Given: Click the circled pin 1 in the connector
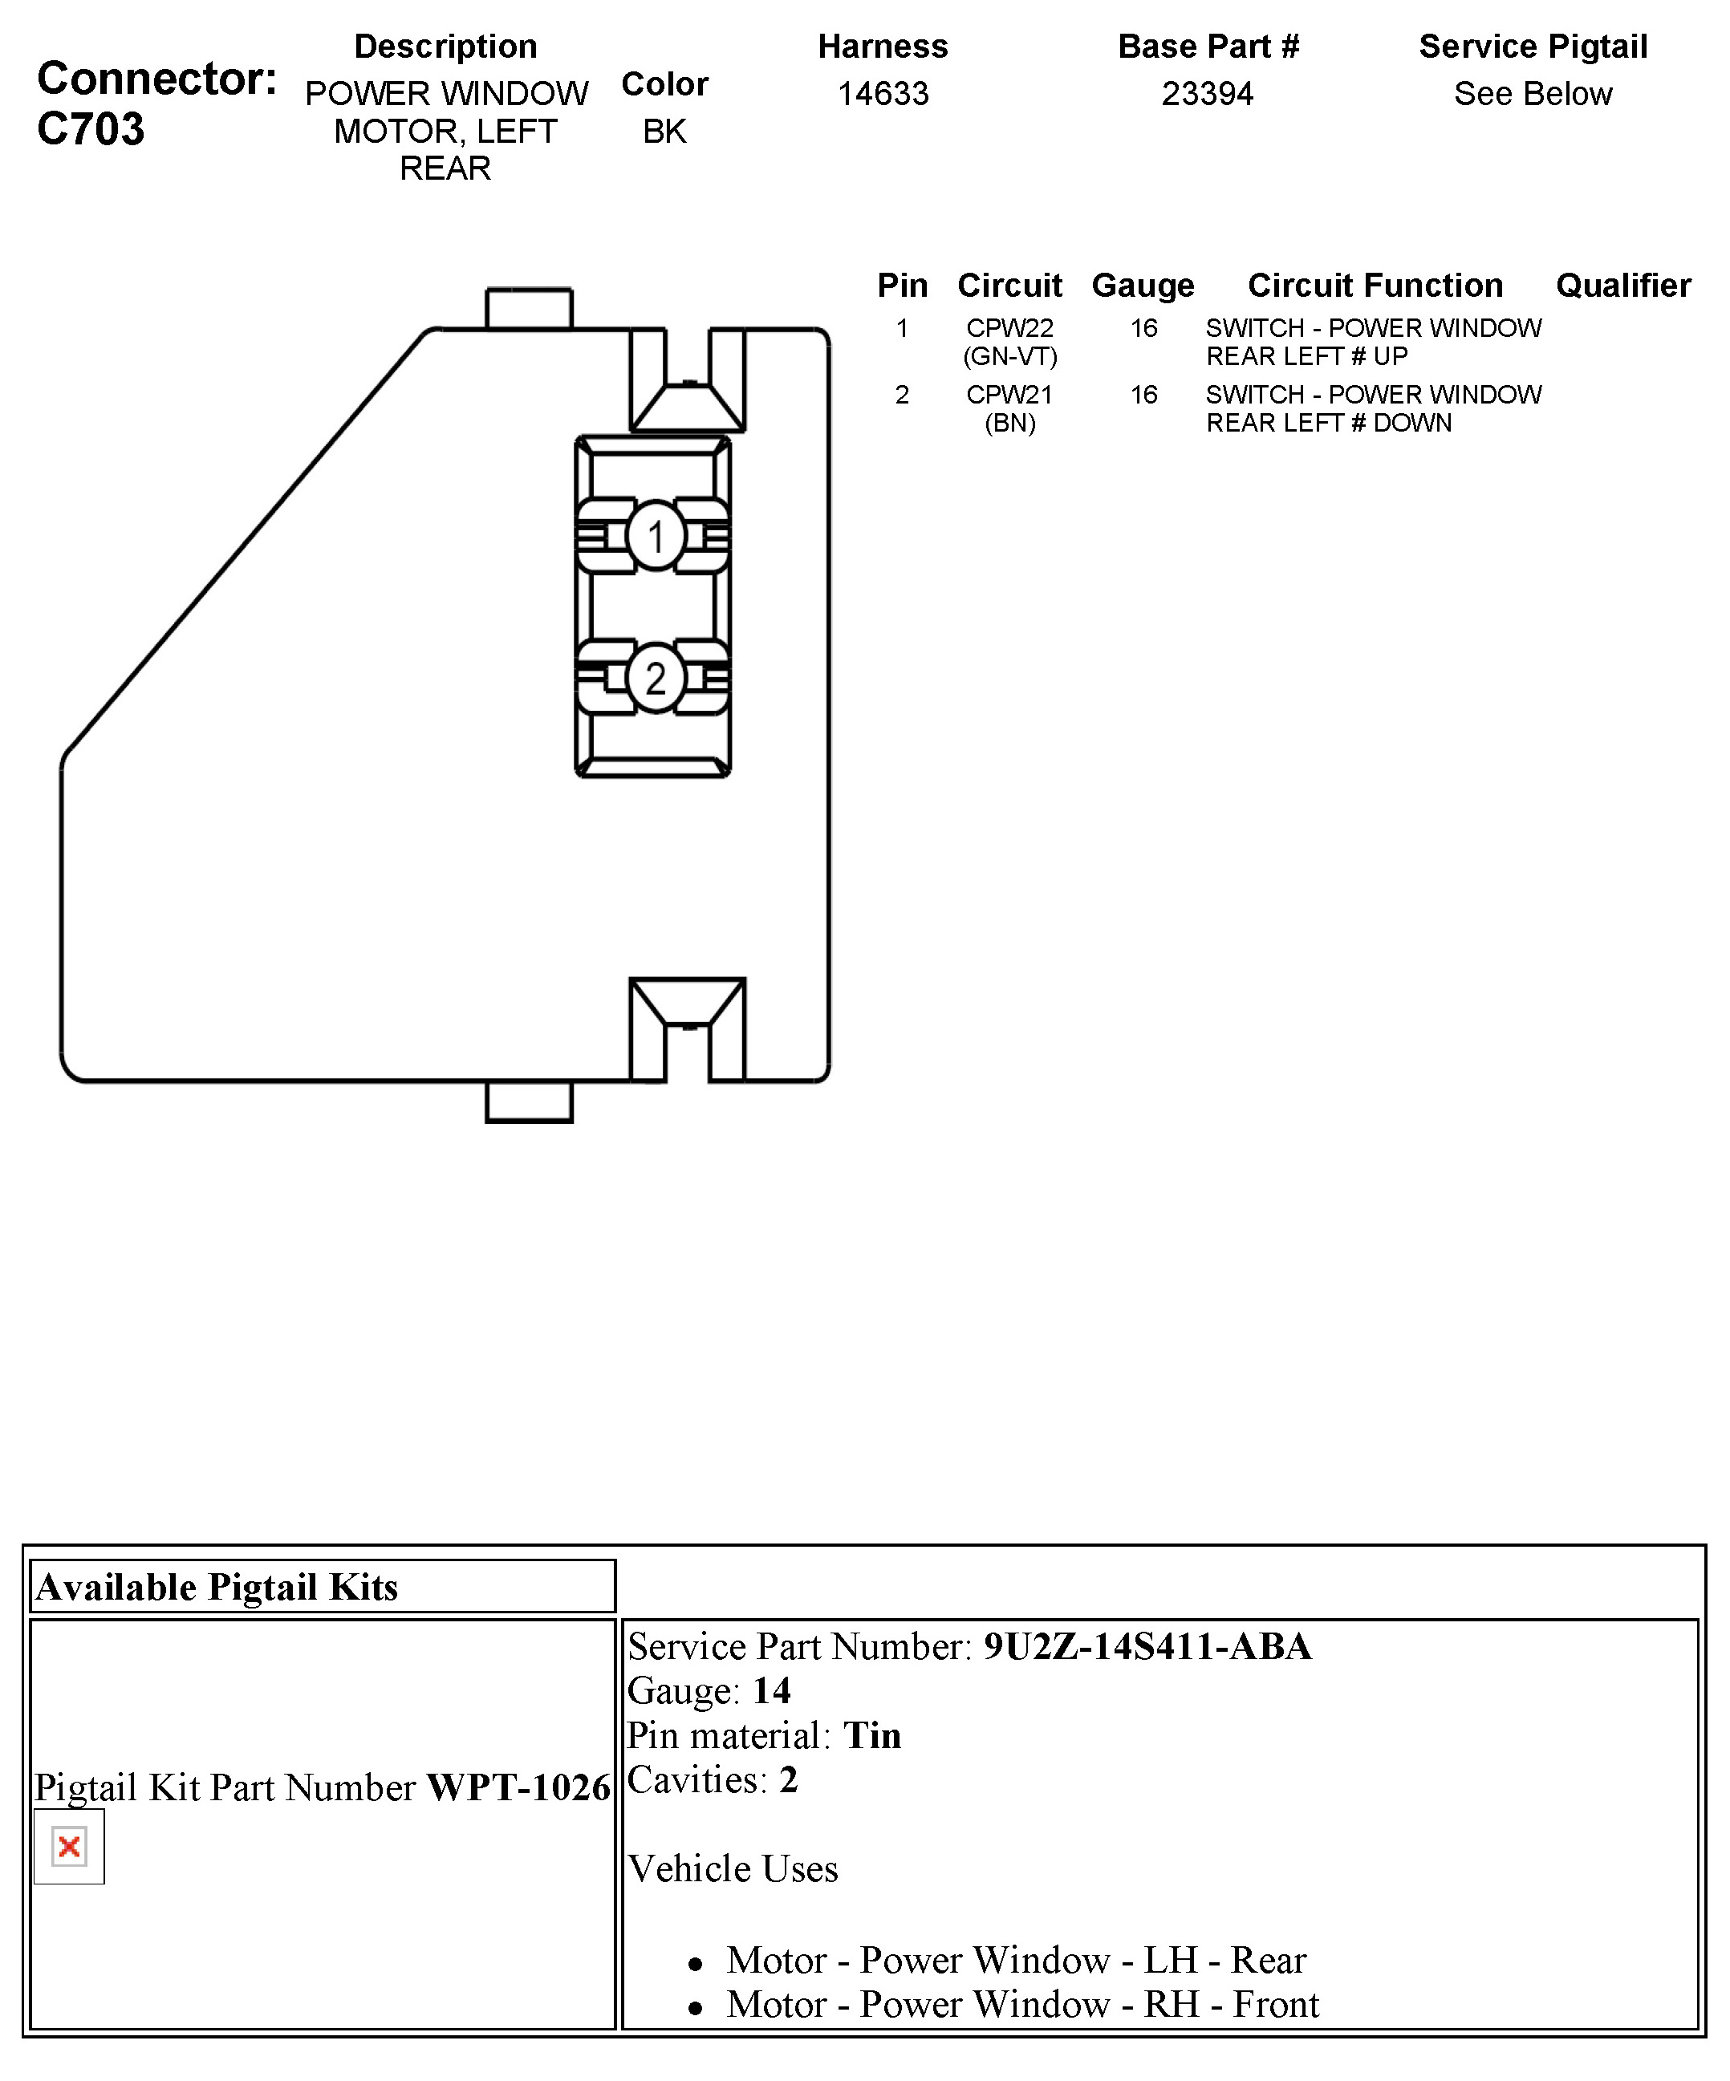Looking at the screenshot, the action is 656,536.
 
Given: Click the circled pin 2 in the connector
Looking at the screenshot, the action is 656,678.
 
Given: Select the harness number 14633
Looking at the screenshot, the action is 883,94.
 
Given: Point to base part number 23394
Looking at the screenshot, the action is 1207,94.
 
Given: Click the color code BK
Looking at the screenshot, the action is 664,132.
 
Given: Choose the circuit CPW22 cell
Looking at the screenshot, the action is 1009,328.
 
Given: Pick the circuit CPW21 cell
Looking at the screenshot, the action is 1009,395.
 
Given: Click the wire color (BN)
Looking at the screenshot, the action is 1009,423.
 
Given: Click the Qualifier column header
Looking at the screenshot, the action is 1623,286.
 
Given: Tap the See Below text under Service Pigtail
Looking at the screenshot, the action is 1532,94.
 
